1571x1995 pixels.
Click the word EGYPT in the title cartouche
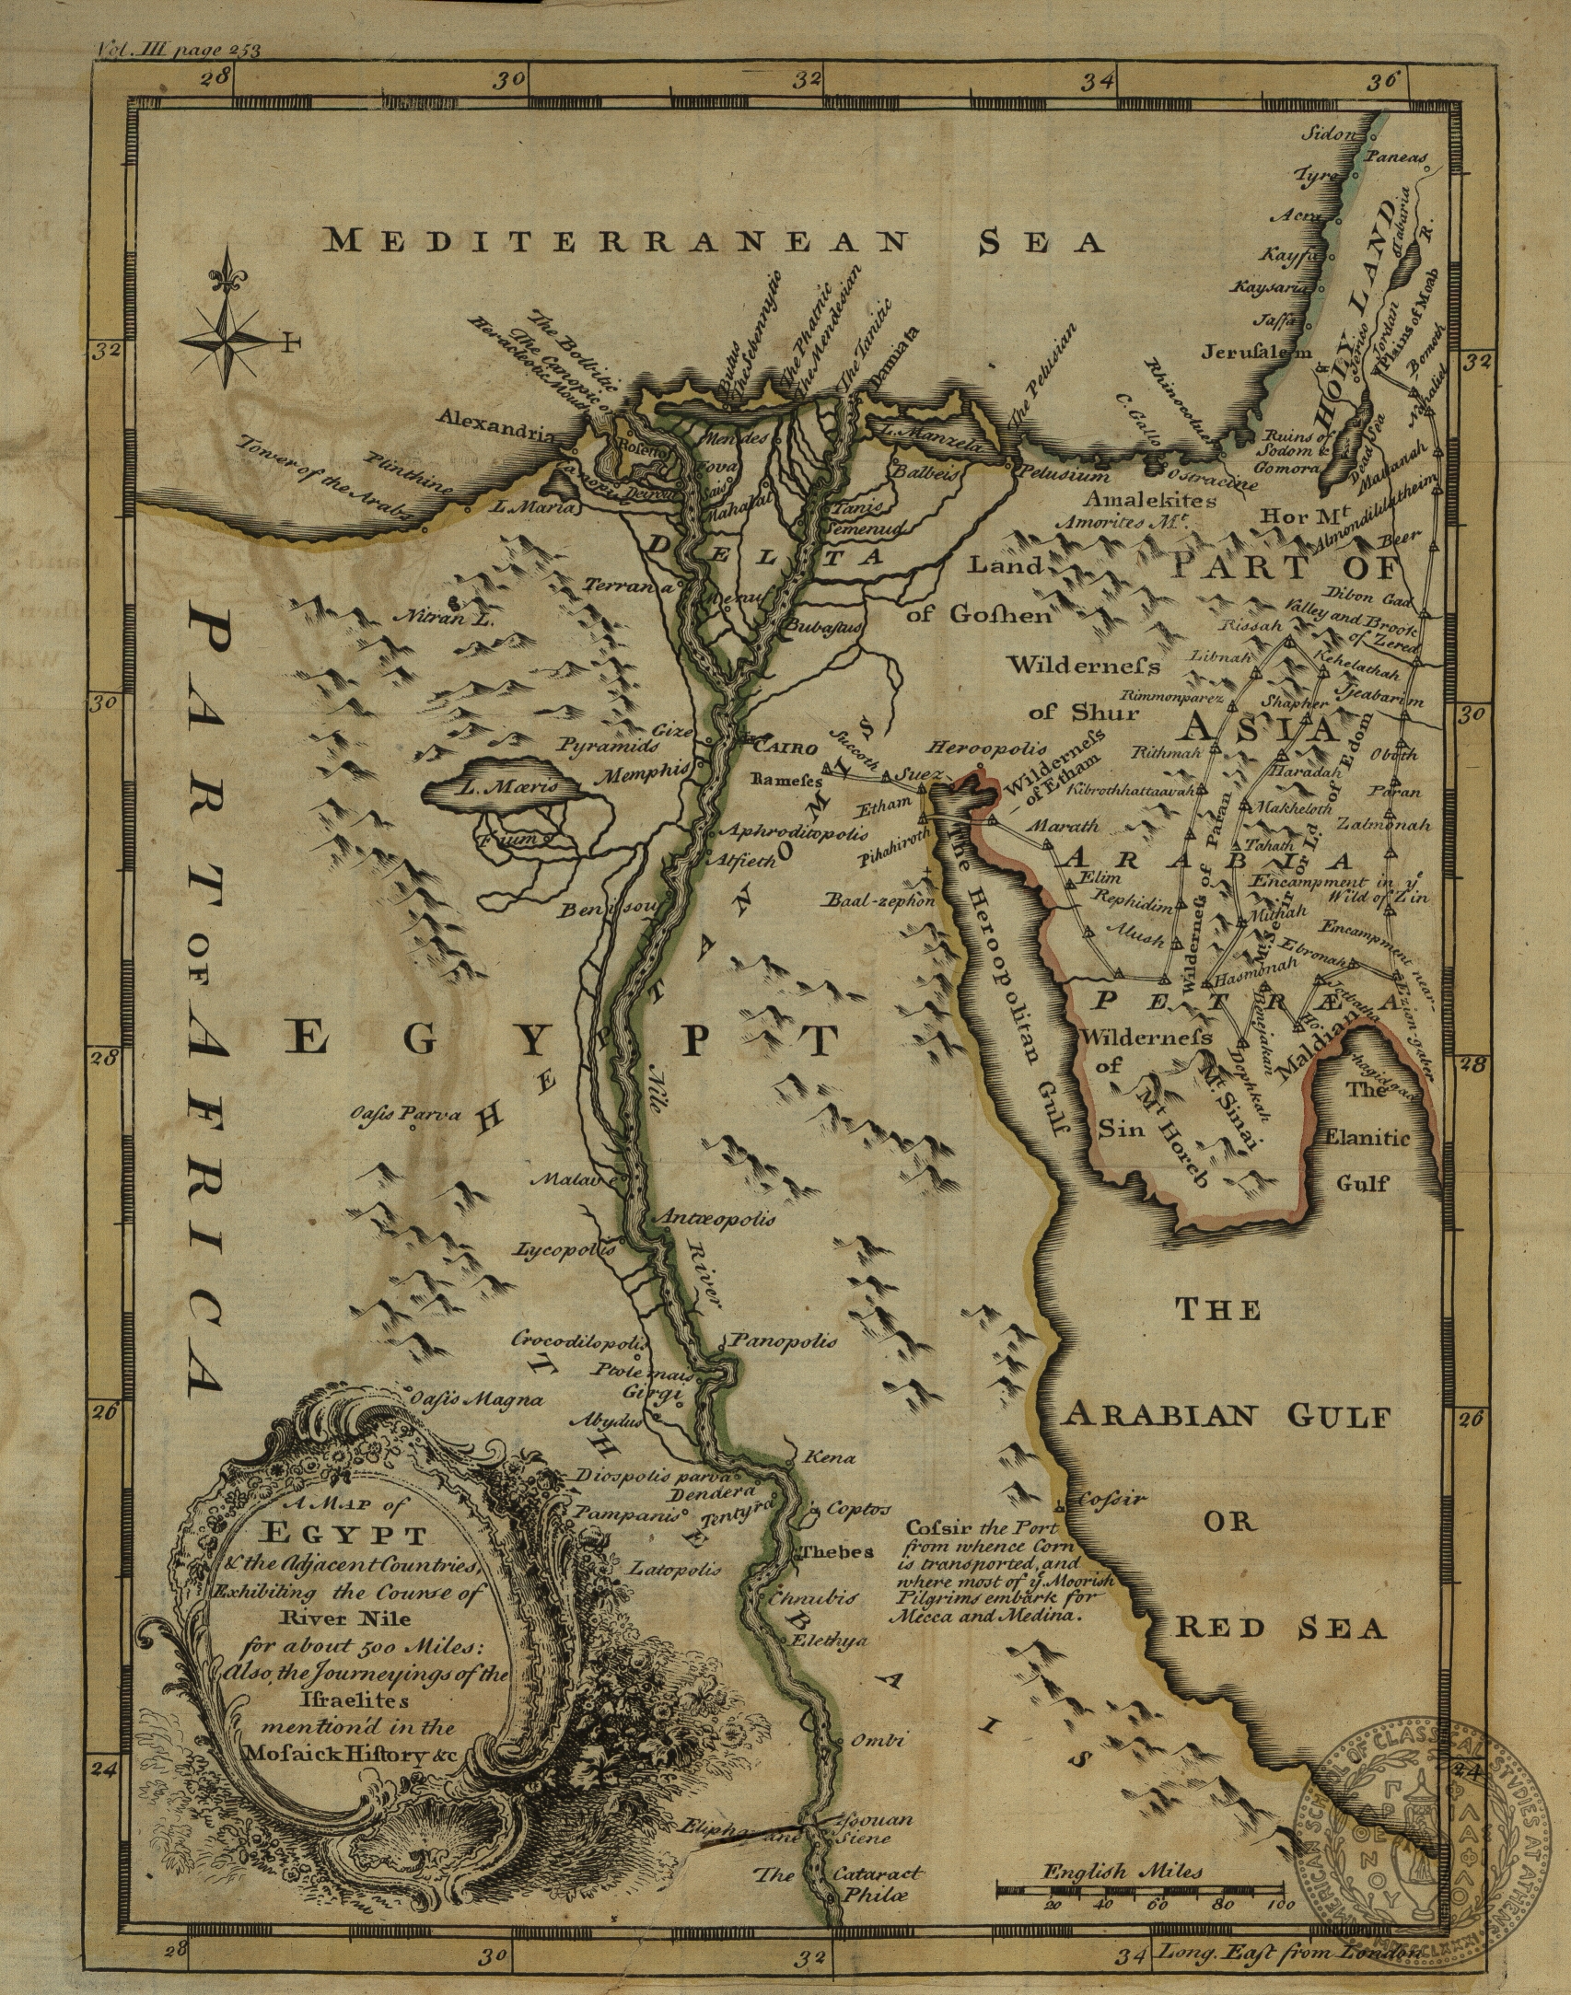coord(345,1537)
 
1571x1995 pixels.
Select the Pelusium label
coord(1061,476)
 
